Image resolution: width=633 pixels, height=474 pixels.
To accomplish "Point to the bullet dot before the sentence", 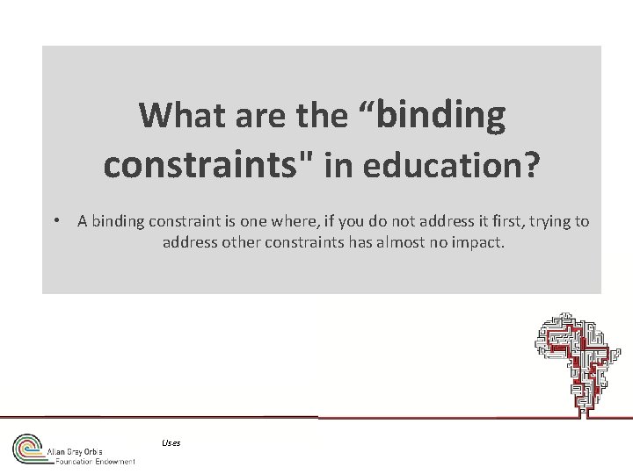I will [55, 222].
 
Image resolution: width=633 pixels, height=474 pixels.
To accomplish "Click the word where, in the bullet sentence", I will [280, 222].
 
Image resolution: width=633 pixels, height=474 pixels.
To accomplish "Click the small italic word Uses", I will [171, 442].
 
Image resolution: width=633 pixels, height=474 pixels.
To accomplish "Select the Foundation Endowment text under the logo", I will [94, 461].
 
